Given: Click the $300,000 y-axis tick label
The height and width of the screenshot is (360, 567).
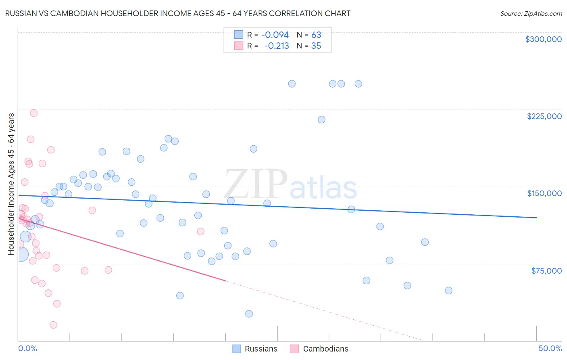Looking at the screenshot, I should coord(543,39).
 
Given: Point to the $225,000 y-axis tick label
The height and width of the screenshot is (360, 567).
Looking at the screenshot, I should coord(544,116).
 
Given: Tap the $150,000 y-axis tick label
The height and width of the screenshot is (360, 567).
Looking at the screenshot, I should coord(544,193).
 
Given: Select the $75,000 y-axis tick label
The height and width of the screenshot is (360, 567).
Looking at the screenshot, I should coord(546,270).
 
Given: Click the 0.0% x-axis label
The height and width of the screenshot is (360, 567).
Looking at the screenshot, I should coord(27,348).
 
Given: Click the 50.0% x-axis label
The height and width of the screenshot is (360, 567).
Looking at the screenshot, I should coord(550,348).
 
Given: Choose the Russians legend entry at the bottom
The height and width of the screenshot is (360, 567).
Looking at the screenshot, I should coord(255,349).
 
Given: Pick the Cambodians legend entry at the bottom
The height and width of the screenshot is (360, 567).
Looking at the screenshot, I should coord(319,349).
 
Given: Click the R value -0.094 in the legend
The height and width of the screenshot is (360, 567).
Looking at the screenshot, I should coord(275,35).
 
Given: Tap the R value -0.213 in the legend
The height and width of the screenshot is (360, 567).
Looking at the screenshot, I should coord(276,46).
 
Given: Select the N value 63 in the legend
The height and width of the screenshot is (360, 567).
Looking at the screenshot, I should coord(316,35).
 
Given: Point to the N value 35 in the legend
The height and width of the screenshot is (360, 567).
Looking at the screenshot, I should coord(316,46).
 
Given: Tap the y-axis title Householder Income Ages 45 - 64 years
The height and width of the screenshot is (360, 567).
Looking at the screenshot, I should coord(11,184).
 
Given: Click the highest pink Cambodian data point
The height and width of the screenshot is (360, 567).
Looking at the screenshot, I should coord(34,113).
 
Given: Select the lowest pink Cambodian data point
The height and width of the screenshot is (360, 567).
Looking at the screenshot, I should coord(53,325).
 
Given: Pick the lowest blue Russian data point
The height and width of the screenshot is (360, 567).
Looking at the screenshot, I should coord(249,314).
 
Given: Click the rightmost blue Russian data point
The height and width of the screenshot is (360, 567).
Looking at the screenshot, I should coord(448,291).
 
